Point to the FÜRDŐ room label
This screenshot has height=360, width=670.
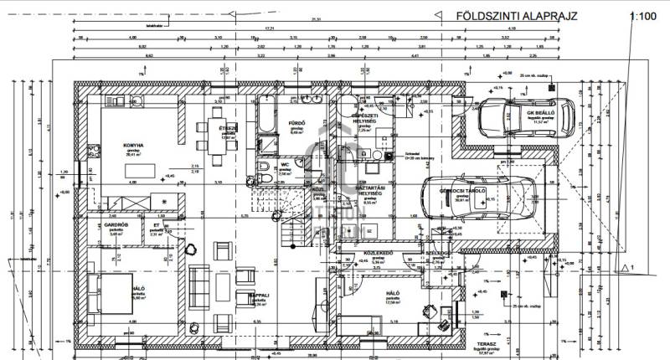pos(295,123)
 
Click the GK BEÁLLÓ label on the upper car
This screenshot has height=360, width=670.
pos(545,111)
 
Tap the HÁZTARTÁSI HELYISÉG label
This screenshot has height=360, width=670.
pos(369,189)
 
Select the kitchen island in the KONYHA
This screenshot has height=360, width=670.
pos(145,170)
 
